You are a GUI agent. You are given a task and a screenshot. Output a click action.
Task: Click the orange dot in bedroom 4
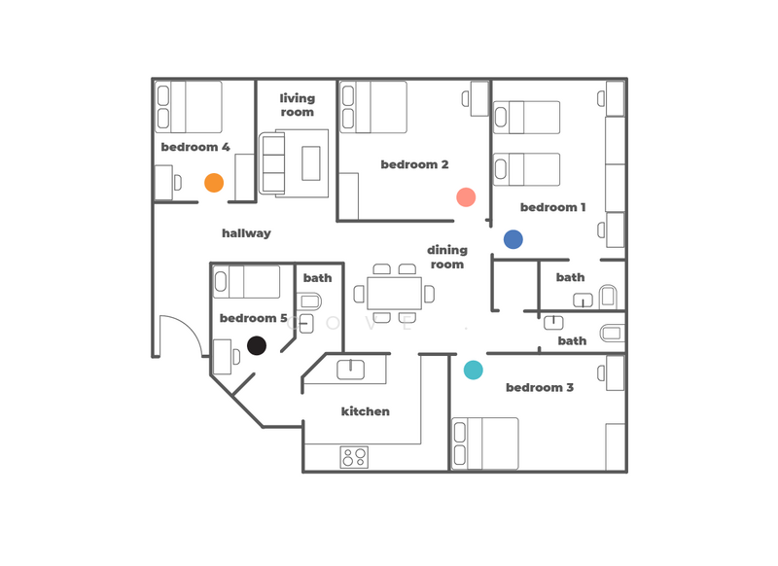(x=214, y=183)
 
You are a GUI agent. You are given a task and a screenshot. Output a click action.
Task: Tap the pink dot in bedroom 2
(x=466, y=197)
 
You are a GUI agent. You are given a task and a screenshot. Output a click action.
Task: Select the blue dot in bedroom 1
(x=513, y=239)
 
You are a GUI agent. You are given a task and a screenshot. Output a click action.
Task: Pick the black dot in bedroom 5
(x=257, y=345)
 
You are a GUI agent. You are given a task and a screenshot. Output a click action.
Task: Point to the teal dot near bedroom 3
(x=473, y=370)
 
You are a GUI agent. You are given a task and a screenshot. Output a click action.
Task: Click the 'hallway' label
(x=246, y=233)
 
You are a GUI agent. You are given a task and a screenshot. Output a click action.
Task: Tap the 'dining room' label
(x=447, y=257)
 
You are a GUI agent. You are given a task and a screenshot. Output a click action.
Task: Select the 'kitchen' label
(x=366, y=411)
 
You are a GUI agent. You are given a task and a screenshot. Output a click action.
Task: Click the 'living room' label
(x=297, y=105)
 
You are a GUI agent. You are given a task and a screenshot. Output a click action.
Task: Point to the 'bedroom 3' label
(x=540, y=387)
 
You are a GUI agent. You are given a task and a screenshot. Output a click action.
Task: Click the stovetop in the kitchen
(x=354, y=457)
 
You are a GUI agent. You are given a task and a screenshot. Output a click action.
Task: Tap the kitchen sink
(x=350, y=370)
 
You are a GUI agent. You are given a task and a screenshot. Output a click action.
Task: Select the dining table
(x=395, y=293)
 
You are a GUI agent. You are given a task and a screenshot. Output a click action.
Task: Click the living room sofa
(x=273, y=163)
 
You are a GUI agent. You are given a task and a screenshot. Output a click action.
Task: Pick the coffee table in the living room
(x=311, y=163)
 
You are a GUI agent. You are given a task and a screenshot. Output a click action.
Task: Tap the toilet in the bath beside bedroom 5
(x=309, y=301)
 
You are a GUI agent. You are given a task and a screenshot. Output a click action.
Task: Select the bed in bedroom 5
(x=247, y=282)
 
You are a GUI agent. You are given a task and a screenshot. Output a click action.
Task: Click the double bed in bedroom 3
(x=485, y=443)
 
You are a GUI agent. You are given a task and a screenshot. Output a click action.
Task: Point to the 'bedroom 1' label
(x=552, y=207)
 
